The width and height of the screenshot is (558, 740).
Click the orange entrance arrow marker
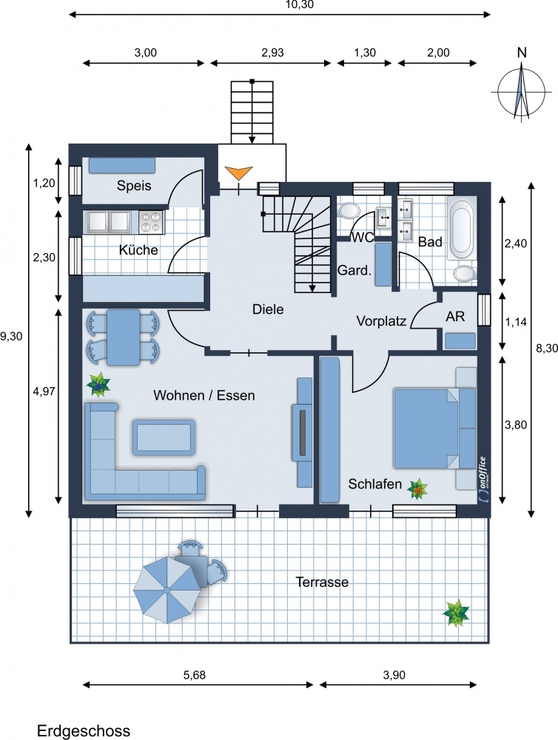[238, 172]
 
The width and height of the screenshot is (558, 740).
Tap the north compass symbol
[521, 90]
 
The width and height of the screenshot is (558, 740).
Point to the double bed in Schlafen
[426, 428]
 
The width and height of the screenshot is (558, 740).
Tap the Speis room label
[134, 186]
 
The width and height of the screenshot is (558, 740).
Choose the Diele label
[268, 309]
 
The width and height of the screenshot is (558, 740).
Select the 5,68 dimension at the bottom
[195, 674]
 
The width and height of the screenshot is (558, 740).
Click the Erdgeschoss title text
[84, 731]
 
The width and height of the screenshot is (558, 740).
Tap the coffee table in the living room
[164, 437]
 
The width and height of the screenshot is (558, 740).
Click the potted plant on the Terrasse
[456, 613]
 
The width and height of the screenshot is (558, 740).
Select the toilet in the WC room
[349, 210]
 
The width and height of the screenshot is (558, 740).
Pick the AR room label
[455, 316]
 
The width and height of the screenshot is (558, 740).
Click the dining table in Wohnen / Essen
[123, 337]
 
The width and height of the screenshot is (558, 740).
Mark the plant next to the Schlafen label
[418, 489]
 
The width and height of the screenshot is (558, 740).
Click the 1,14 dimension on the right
[516, 323]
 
